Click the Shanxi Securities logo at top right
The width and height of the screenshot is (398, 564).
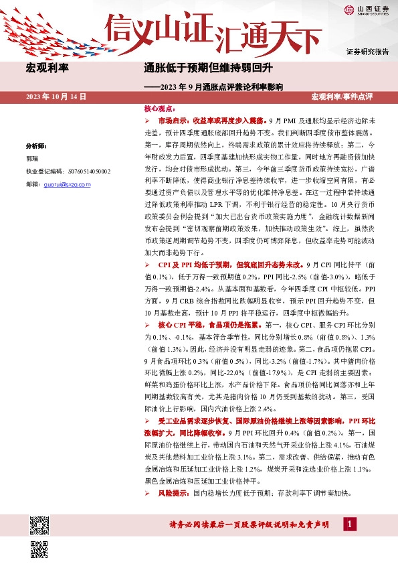click(x=365, y=9)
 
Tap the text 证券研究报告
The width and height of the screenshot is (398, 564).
click(x=367, y=52)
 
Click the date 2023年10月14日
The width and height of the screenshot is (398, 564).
click(x=56, y=97)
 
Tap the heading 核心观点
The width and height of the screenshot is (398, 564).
click(x=159, y=108)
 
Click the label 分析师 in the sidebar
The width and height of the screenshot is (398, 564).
click(x=36, y=145)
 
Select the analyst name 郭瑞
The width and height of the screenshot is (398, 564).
click(x=33, y=159)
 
